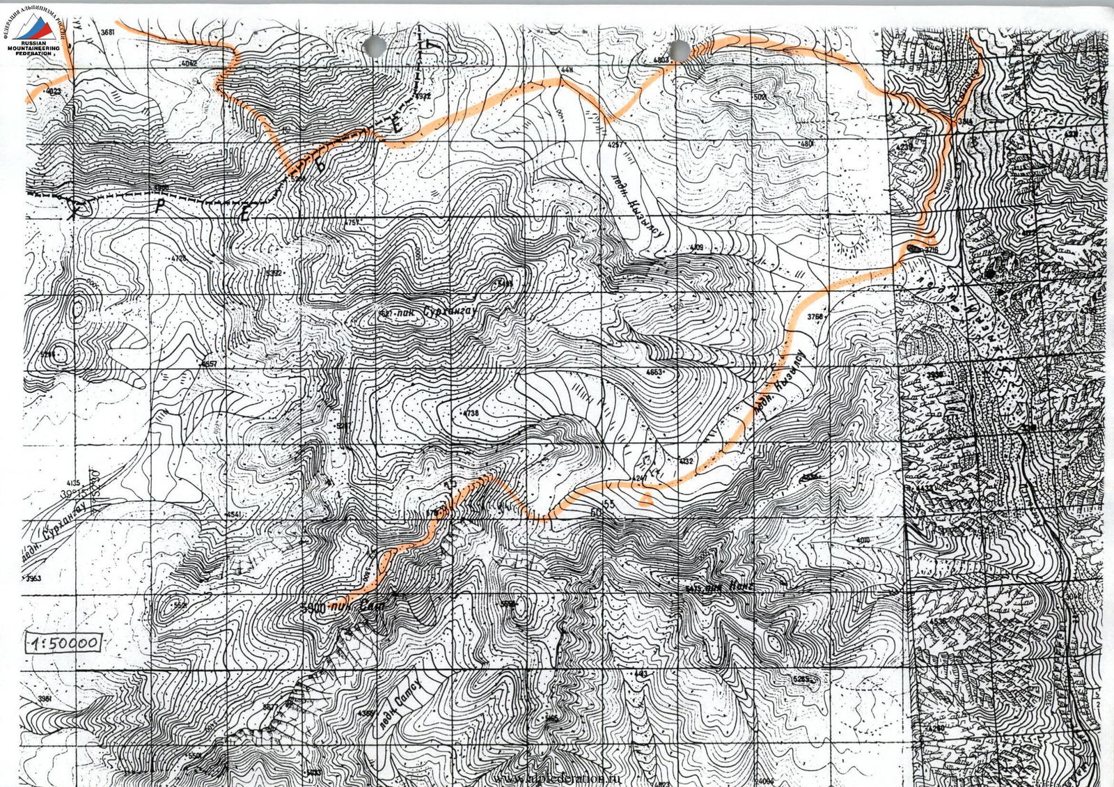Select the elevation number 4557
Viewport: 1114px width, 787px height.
[208, 364]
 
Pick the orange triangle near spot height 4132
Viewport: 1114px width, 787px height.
[648, 497]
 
